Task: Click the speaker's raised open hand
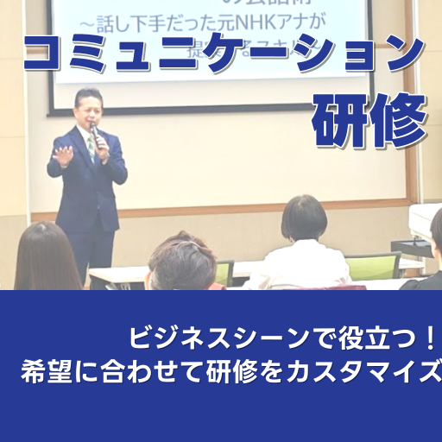(63, 155)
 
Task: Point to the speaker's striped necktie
(91, 148)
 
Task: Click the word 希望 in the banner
(42, 372)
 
